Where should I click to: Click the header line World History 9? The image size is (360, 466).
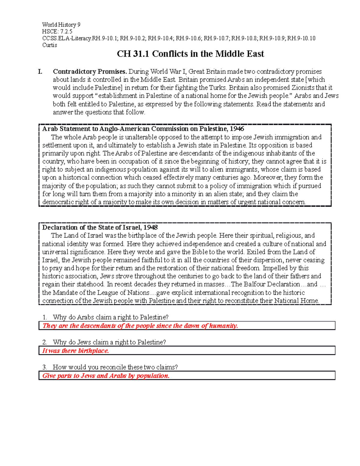click(61, 25)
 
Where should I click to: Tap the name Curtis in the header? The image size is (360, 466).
click(49, 45)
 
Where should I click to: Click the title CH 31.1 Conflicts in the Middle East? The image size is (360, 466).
click(190, 54)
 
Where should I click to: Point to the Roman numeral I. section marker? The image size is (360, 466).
click(40, 72)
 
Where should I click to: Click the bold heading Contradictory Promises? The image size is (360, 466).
click(90, 72)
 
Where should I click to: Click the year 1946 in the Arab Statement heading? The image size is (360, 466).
click(237, 129)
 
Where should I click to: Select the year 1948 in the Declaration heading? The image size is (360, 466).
click(150, 227)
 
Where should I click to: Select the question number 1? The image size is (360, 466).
click(45, 317)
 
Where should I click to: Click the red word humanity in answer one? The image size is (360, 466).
click(223, 326)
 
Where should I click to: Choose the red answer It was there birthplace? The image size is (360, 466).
click(76, 351)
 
